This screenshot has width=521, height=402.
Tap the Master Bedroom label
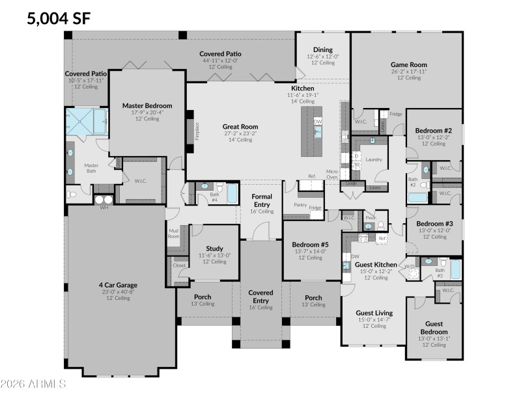(x=147, y=105)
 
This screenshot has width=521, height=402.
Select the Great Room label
(x=240, y=127)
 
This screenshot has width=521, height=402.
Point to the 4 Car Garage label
(x=113, y=284)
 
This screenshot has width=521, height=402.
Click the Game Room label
(x=408, y=64)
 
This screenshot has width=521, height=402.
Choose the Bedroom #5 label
(x=310, y=245)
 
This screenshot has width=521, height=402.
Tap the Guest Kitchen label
(x=376, y=265)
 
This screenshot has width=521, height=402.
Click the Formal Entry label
(x=262, y=200)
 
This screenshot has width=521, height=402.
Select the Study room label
(x=214, y=248)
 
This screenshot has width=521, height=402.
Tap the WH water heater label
(x=104, y=208)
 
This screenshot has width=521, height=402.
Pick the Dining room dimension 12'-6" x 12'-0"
(x=322, y=57)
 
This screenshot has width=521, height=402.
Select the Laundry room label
(x=373, y=159)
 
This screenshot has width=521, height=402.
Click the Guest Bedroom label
(x=434, y=328)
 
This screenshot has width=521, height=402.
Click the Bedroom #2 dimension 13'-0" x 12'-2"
(x=434, y=137)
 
